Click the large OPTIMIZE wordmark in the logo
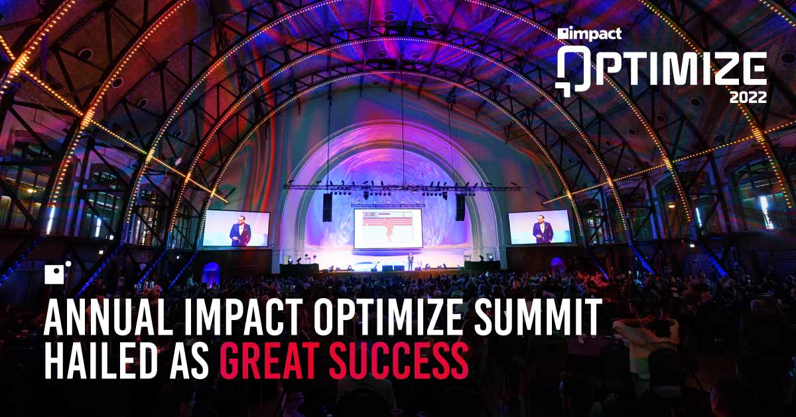(x=661, y=68)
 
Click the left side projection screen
(x=236, y=228)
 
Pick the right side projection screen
(x=539, y=227)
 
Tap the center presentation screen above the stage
(x=387, y=228)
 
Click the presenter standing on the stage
(x=410, y=261)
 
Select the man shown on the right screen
(x=542, y=231)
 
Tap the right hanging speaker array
(x=460, y=207)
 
